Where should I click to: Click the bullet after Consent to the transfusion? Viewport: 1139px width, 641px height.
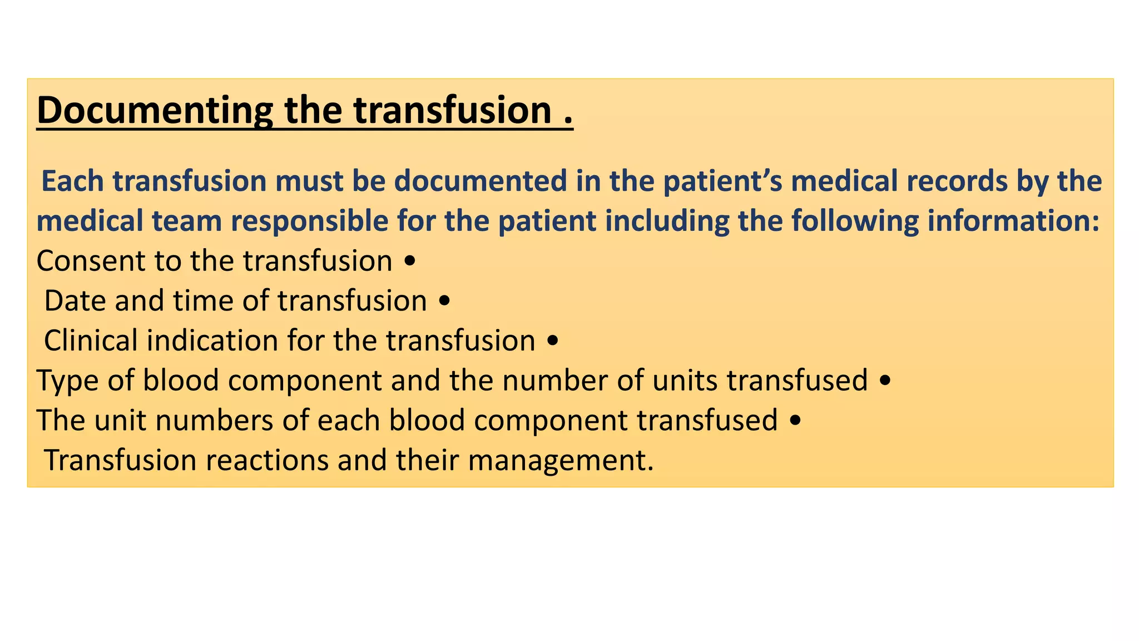coord(409,262)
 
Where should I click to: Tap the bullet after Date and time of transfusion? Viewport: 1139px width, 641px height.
coord(444,302)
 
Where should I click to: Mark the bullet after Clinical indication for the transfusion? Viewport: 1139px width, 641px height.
coord(552,341)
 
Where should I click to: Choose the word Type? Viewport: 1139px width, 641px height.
coord(67,381)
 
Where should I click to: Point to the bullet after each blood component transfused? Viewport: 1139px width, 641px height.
coord(795,421)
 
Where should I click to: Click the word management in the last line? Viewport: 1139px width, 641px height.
coord(560,460)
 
